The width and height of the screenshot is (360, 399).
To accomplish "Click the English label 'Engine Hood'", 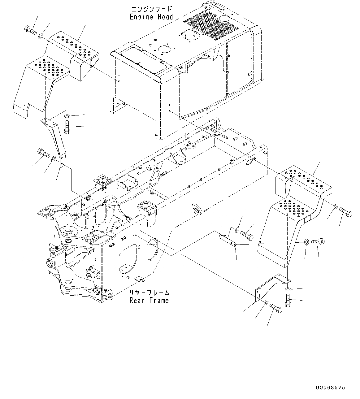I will point(151,17).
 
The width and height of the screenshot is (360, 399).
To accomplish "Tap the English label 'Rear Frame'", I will point(149,300).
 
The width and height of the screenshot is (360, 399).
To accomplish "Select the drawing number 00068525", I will point(330,387).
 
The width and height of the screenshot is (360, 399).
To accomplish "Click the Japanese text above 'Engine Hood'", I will point(151,9).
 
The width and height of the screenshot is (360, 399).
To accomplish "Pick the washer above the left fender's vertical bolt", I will point(67,116).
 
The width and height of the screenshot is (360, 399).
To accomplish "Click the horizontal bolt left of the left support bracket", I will point(43,153).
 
